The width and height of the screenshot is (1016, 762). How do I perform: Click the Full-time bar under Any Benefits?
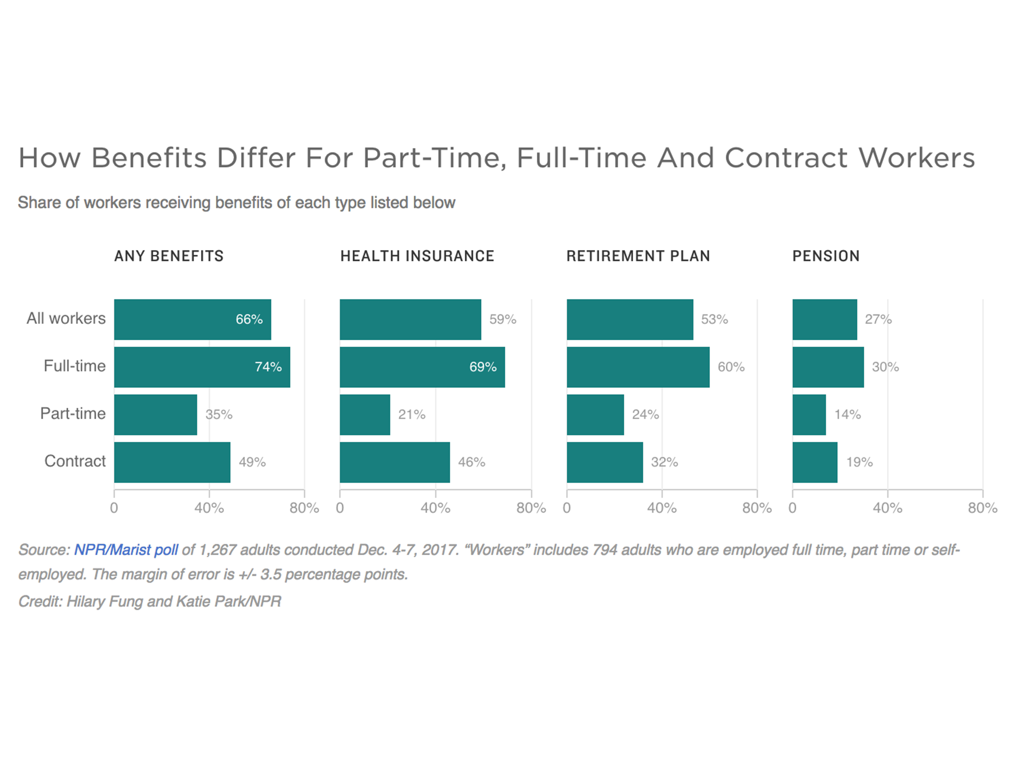(x=202, y=367)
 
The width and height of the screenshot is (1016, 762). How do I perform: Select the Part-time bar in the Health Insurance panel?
(x=365, y=414)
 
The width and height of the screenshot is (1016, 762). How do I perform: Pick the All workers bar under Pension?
(x=825, y=319)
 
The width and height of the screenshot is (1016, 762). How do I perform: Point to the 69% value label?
(x=483, y=367)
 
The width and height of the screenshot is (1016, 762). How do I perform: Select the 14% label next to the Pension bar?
(x=847, y=414)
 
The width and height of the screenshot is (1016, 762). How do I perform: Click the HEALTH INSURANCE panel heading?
(x=417, y=256)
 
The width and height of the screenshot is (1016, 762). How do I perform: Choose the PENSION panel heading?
(x=826, y=256)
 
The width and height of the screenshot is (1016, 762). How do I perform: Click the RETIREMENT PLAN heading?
(x=638, y=256)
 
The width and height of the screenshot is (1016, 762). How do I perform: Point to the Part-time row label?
(x=73, y=413)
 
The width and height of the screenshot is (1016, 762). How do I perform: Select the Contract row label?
(x=75, y=461)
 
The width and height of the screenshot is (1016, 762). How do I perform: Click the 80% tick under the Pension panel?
(x=982, y=508)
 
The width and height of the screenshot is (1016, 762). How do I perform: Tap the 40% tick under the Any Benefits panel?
(x=209, y=508)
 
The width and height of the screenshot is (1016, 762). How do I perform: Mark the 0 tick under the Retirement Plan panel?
(x=567, y=508)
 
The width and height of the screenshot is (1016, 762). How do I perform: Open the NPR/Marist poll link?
(x=126, y=550)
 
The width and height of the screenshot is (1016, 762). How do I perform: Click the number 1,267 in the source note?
(x=217, y=550)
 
